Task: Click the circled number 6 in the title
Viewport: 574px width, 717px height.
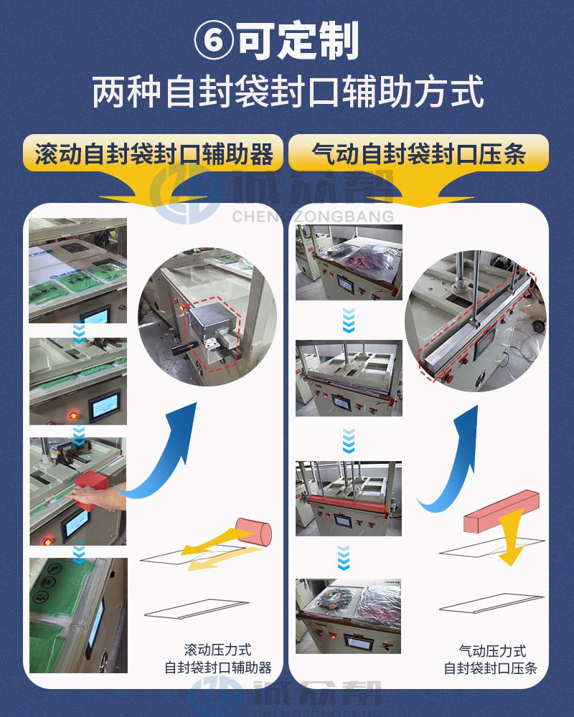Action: click(213, 42)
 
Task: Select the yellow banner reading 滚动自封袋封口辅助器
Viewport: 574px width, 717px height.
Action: click(154, 153)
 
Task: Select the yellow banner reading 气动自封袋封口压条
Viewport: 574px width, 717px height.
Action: click(419, 153)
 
